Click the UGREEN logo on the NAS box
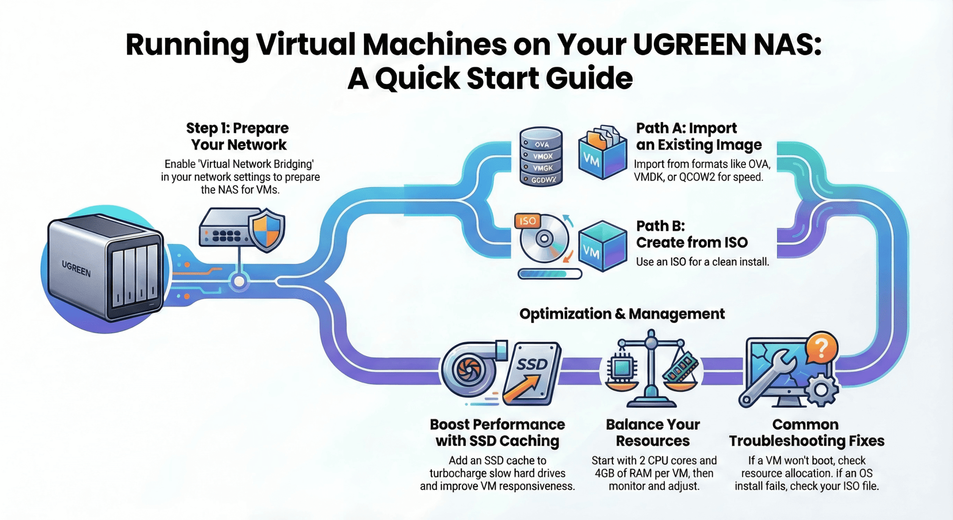[x=76, y=269]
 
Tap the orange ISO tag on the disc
[x=527, y=221]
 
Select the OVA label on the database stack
[x=542, y=144]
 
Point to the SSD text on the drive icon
[x=531, y=364]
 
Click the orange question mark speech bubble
[x=822, y=347]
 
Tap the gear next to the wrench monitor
[x=821, y=390]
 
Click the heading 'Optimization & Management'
[x=622, y=314]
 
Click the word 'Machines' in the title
[x=434, y=45]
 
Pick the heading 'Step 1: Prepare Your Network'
[x=238, y=136]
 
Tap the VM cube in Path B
[x=602, y=246]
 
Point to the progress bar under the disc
[x=550, y=274]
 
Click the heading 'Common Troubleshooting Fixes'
[x=806, y=432]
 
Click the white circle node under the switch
[x=239, y=282]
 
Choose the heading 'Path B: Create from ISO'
[x=691, y=234]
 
